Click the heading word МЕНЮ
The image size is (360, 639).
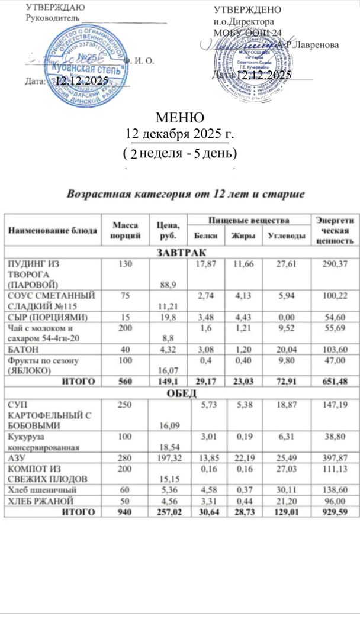coord(181,117)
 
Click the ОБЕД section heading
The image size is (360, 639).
coord(180,393)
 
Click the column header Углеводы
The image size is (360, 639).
coord(287,236)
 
